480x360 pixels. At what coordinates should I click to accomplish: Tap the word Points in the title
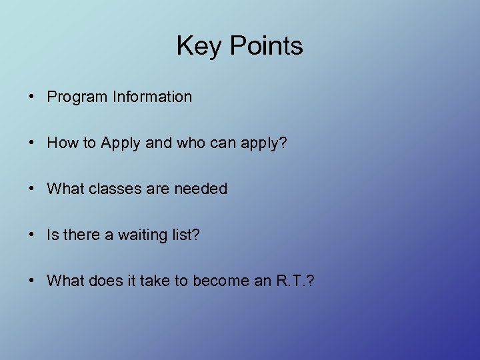(267, 47)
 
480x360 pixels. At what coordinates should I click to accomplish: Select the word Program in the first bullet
(77, 97)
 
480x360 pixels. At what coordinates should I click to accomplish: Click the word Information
(152, 97)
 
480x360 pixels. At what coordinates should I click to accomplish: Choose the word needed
(201, 189)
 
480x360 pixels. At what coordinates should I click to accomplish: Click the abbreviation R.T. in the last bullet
(289, 281)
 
